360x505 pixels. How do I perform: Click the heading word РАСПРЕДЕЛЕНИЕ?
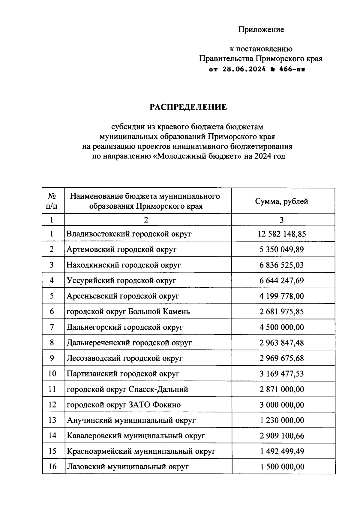(188, 107)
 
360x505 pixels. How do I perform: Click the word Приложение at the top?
(261, 30)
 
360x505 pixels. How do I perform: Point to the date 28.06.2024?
(244, 69)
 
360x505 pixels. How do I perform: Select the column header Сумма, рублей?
(281, 201)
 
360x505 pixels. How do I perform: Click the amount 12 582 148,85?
(282, 234)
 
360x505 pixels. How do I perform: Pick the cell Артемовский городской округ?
(121, 249)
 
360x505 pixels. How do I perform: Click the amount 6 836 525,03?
(282, 265)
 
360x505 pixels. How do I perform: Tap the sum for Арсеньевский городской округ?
(282, 296)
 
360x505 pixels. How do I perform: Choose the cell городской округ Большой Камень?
(128, 312)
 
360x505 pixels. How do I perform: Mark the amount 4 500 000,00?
(282, 327)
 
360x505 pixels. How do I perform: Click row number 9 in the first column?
(52, 358)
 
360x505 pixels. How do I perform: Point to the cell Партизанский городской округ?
(123, 374)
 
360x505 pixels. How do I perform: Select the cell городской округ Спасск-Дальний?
(127, 389)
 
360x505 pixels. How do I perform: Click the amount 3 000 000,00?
(282, 405)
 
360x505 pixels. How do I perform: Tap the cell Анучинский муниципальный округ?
(131, 420)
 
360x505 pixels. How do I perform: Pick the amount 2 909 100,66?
(282, 436)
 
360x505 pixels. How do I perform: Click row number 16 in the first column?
(52, 467)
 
